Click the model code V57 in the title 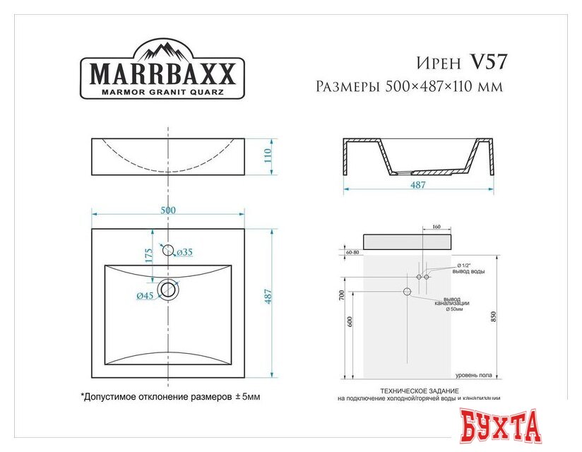pyautogui.click(x=488, y=63)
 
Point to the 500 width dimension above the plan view pyautogui.click(x=168, y=210)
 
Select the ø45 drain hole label pyautogui.click(x=145, y=295)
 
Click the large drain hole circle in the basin pyautogui.click(x=168, y=289)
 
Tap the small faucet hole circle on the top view pyautogui.click(x=168, y=249)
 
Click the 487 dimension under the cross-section pyautogui.click(x=417, y=185)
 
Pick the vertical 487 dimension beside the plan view pyautogui.click(x=268, y=297)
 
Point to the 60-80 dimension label pyautogui.click(x=353, y=251)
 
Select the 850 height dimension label pyautogui.click(x=502, y=316)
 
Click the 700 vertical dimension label pyautogui.click(x=341, y=294)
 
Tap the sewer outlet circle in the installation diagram pyautogui.click(x=407, y=292)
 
